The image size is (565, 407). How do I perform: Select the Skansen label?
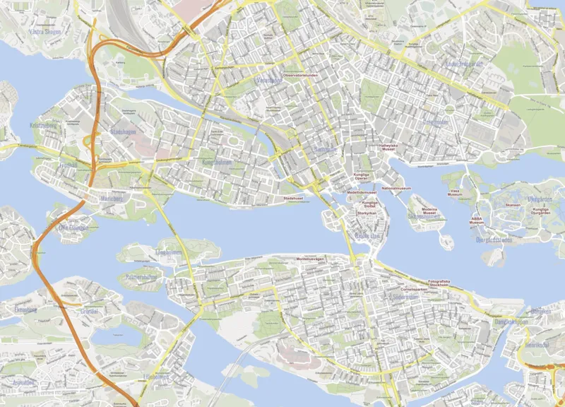513,205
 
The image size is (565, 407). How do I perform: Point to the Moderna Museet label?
429,211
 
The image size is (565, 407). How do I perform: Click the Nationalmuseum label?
396,189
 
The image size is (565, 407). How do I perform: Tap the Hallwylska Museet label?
388,148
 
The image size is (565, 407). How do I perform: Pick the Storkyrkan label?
365,213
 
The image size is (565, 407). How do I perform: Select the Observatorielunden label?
301,74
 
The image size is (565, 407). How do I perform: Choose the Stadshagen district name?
123,132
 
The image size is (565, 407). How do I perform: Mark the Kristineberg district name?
42,126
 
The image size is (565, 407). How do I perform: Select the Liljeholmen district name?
155,377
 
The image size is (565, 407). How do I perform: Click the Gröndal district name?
90,311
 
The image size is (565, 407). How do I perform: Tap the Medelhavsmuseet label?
362,192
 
